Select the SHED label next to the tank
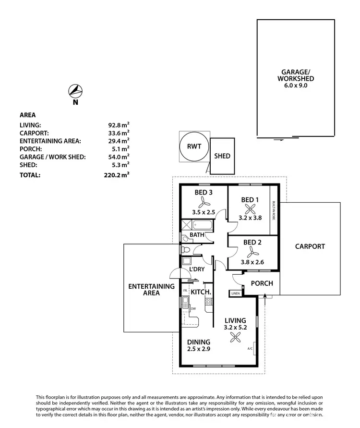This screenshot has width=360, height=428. click(x=222, y=156)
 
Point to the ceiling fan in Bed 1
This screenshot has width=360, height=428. click(x=250, y=208)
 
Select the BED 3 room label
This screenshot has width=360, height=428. click(x=203, y=193)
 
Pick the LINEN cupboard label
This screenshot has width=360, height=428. click(x=235, y=293)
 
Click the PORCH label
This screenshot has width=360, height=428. click(x=262, y=283)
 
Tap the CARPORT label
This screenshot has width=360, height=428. click(x=310, y=246)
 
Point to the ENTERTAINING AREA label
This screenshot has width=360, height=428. click(x=151, y=289)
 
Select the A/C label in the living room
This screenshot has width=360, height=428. click(x=250, y=348)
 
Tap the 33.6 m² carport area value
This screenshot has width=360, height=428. click(x=118, y=133)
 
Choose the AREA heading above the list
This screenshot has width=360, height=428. click(x=27, y=115)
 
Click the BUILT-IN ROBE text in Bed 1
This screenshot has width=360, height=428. click(x=273, y=210)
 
